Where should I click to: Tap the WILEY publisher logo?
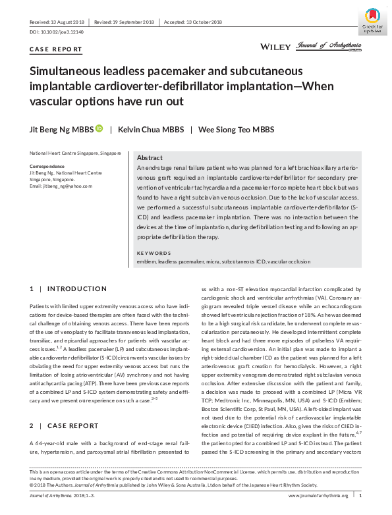pyautogui.click(x=277, y=47)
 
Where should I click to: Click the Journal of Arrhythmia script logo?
pyautogui.click(x=330, y=45)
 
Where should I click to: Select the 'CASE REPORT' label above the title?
pyautogui.click(x=57, y=49)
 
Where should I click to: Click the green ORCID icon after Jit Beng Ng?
pyautogui.click(x=99, y=129)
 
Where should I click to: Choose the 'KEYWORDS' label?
pyautogui.click(x=153, y=254)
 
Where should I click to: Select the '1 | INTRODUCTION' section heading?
pyautogui.click(x=63, y=288)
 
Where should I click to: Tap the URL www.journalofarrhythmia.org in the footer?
pyautogui.click(x=318, y=495)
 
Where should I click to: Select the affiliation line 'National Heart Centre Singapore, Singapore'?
pyautogui.click(x=74, y=153)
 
